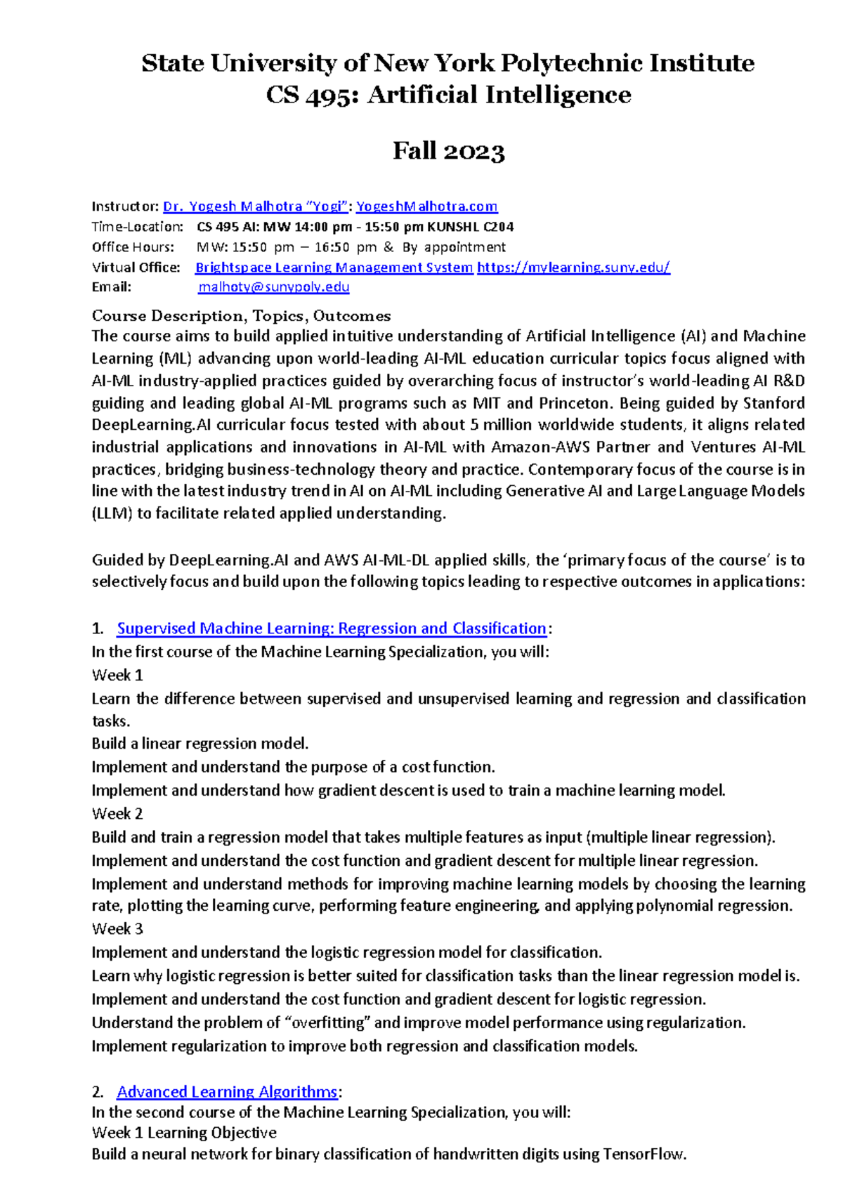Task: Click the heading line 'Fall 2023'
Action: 448,151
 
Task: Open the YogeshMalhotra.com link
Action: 426,206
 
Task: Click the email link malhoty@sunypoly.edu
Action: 273,287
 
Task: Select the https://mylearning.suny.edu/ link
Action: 573,268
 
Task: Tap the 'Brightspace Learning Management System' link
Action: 334,268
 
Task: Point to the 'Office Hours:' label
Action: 133,247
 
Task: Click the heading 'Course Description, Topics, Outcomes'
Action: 241,316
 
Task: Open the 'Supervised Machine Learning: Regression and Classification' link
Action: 331,629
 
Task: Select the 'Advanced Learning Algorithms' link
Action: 227,1092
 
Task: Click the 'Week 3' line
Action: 117,929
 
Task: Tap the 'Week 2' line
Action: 117,814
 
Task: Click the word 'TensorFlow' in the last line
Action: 643,1154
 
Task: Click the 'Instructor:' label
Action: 125,206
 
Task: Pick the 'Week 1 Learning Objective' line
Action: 184,1133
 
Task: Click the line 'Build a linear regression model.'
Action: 200,744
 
